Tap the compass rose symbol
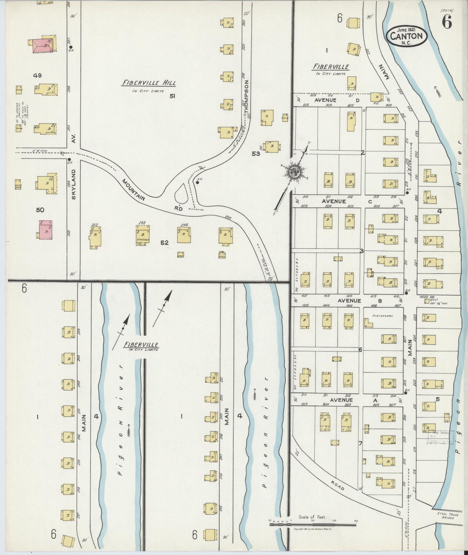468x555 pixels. point(294,172)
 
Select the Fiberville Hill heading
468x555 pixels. point(149,83)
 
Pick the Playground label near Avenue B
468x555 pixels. point(382,315)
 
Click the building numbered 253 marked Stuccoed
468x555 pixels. point(143,234)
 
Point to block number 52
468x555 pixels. point(165,242)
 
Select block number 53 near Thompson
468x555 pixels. point(256,154)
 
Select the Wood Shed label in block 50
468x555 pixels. point(18,186)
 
